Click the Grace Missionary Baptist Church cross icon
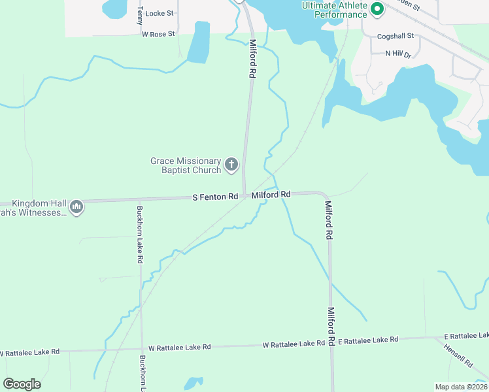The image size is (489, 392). tap(231, 165)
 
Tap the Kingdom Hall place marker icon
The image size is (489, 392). tap(76, 207)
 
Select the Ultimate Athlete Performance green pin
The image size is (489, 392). tap(377, 9)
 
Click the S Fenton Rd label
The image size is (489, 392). tap(215, 196)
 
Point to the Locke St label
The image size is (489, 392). tap(160, 13)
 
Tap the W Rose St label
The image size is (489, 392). tap(158, 33)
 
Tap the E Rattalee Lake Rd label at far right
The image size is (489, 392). tap(466, 335)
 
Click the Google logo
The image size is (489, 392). tap(22, 384)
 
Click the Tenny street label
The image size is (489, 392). tap(140, 15)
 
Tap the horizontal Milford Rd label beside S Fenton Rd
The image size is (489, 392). tap(271, 195)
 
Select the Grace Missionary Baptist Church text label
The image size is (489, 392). tap(186, 165)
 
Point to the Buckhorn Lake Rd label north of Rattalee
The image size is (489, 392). tap(140, 235)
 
